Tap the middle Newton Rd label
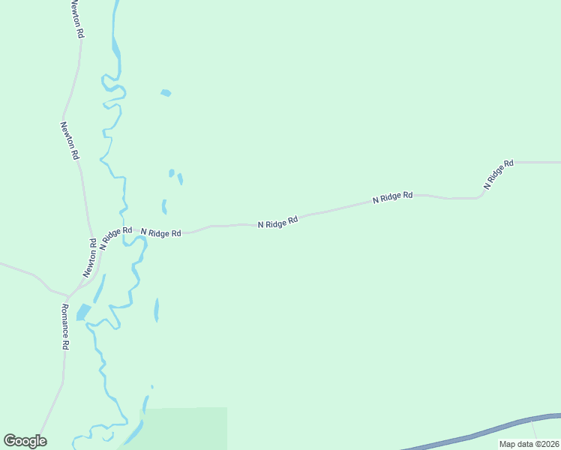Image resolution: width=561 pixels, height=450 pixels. [x=70, y=141]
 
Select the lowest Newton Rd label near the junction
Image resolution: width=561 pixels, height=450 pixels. [x=91, y=257]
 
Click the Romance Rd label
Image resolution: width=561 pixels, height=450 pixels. [x=65, y=327]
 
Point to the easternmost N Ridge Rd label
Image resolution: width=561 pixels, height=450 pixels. [x=498, y=174]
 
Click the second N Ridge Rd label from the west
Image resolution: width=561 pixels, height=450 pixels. [x=160, y=233]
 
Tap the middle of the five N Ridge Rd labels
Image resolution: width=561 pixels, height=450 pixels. [x=278, y=223]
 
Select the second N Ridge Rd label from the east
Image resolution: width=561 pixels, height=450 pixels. [x=393, y=197]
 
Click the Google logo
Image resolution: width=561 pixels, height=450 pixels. [x=25, y=441]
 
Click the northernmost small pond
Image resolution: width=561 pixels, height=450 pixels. [x=166, y=93]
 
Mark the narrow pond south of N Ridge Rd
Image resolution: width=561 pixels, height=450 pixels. [x=156, y=309]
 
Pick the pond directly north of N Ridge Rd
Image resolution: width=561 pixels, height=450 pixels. [x=163, y=206]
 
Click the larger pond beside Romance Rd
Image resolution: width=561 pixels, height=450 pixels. [x=83, y=311]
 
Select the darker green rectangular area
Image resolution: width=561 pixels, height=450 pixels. [x=187, y=427]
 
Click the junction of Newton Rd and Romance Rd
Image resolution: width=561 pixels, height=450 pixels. [x=69, y=293]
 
